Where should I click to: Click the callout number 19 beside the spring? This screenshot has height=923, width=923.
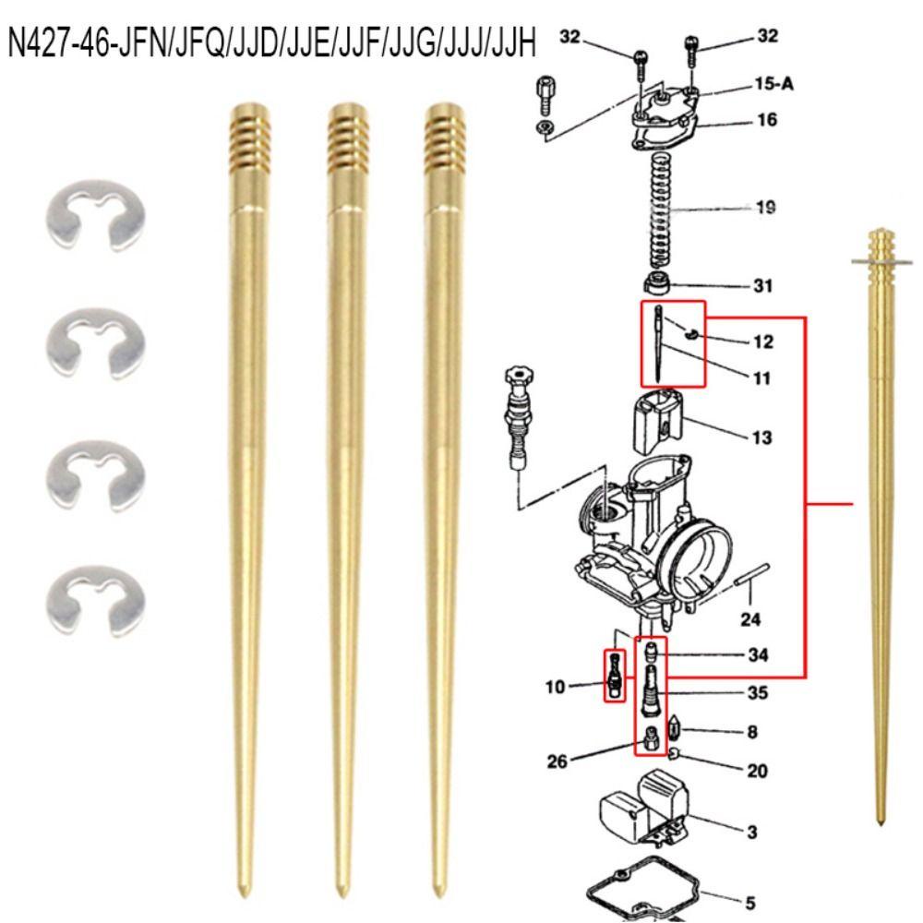pyautogui.click(x=764, y=208)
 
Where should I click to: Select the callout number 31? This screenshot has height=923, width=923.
pyautogui.click(x=762, y=286)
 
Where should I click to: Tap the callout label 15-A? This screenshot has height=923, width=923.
pyautogui.click(x=773, y=84)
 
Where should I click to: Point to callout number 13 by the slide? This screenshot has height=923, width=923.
pyautogui.click(x=761, y=438)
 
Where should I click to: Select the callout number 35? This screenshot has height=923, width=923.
pyautogui.click(x=757, y=692)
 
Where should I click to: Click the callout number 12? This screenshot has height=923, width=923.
pyautogui.click(x=762, y=342)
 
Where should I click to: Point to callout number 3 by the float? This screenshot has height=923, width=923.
pyautogui.click(x=751, y=833)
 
